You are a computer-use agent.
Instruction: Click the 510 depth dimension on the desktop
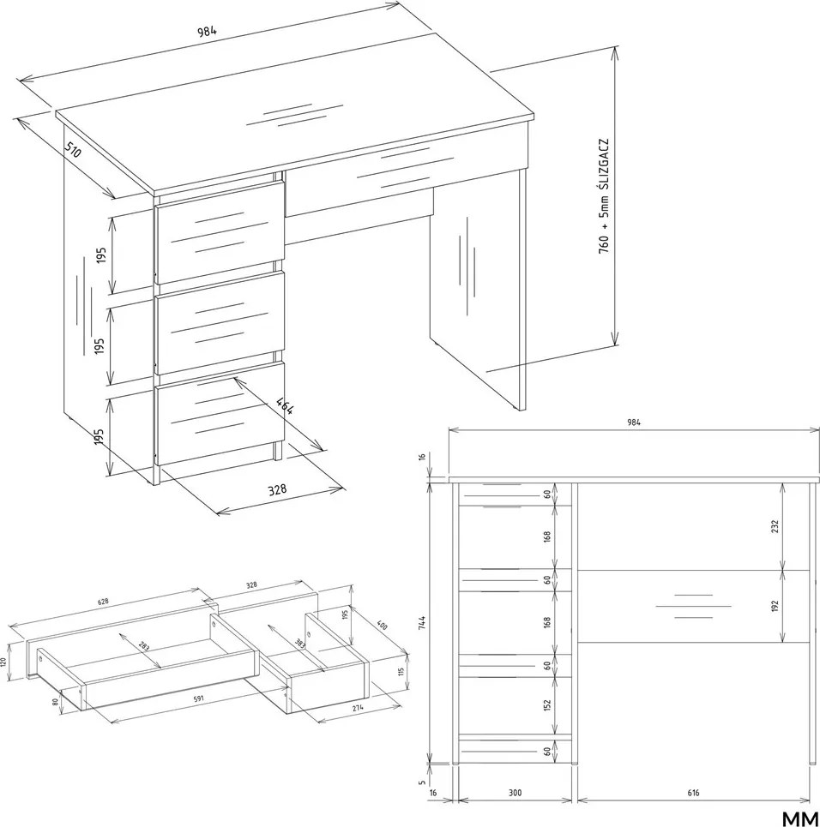(73, 150)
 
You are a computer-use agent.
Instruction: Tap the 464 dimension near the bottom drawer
(285, 405)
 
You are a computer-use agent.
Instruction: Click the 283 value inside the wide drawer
(143, 645)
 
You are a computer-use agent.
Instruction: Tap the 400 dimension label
(382, 625)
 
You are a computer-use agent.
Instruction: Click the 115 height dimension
(401, 671)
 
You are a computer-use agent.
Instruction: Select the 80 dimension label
(54, 702)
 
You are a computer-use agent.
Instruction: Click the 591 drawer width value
(198, 698)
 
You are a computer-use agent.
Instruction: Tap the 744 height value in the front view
(421, 622)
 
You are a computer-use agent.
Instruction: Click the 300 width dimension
(516, 792)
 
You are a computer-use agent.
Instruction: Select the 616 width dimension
(693, 792)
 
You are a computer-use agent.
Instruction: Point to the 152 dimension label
(547, 705)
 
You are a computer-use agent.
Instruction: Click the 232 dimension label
(775, 526)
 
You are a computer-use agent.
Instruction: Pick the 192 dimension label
(775, 607)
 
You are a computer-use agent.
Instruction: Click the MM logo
(800, 818)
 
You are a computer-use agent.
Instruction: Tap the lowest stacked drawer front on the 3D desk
(220, 418)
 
